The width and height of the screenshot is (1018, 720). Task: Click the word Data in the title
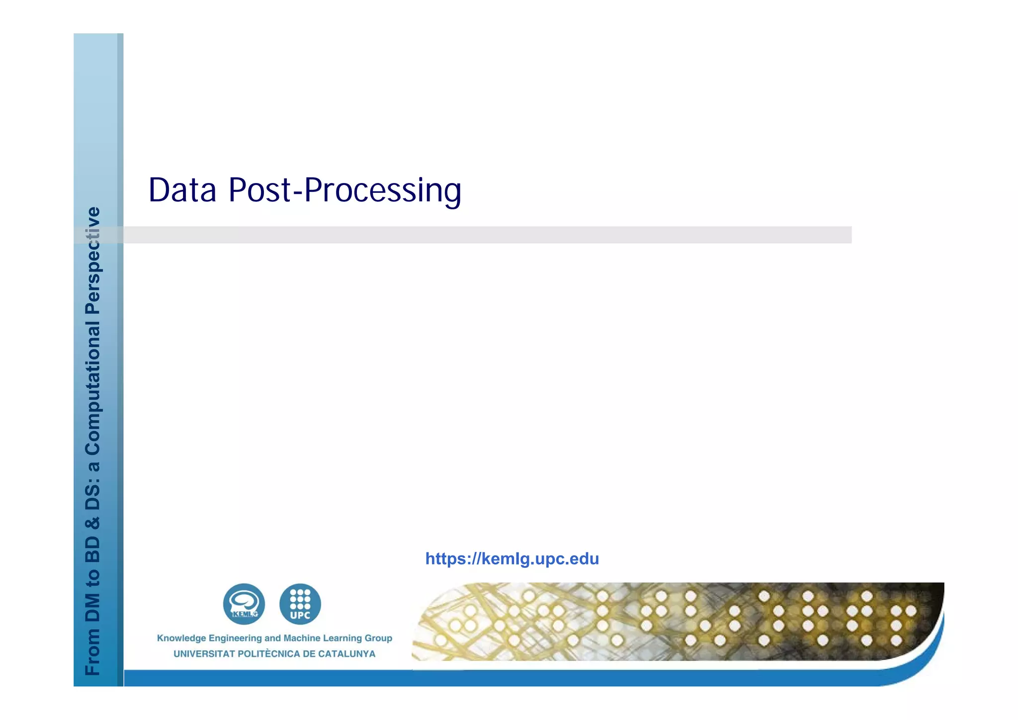(x=182, y=190)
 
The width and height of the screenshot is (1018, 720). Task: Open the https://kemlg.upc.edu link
(x=512, y=559)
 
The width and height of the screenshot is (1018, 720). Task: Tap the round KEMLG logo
(x=244, y=604)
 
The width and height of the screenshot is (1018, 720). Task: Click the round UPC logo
(x=300, y=604)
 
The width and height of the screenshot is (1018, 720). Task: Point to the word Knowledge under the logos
(x=181, y=638)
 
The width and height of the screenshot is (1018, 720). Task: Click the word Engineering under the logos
(x=235, y=638)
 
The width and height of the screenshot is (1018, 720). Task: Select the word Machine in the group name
(x=302, y=638)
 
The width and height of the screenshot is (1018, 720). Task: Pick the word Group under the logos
(x=379, y=638)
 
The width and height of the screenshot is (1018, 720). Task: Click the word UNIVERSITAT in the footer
(x=204, y=654)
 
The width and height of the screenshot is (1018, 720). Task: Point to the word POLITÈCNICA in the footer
(x=269, y=654)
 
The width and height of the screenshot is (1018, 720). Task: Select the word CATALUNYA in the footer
(x=346, y=654)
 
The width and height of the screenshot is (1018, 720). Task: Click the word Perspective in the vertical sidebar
(x=93, y=261)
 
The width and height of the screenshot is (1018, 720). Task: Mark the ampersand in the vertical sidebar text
(x=93, y=523)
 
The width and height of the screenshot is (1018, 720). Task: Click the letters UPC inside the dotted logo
(x=300, y=615)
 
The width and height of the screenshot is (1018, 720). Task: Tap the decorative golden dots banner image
(x=676, y=622)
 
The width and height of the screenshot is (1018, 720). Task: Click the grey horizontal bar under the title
(x=487, y=235)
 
